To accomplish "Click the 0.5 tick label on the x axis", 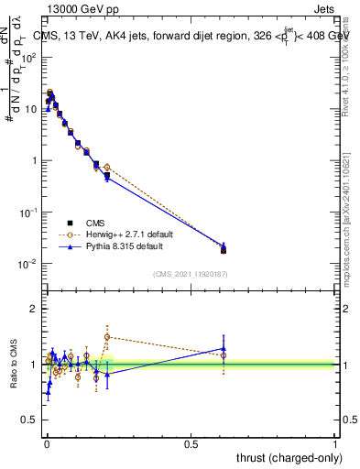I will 191,442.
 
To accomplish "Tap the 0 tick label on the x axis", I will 46,442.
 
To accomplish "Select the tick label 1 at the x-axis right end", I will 335,442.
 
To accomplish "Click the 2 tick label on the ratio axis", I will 35,309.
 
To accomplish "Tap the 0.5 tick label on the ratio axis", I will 30,420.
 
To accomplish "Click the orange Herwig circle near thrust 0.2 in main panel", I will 107,168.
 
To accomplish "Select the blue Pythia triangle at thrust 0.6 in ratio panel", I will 224,348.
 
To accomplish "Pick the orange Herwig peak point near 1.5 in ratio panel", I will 107,336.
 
